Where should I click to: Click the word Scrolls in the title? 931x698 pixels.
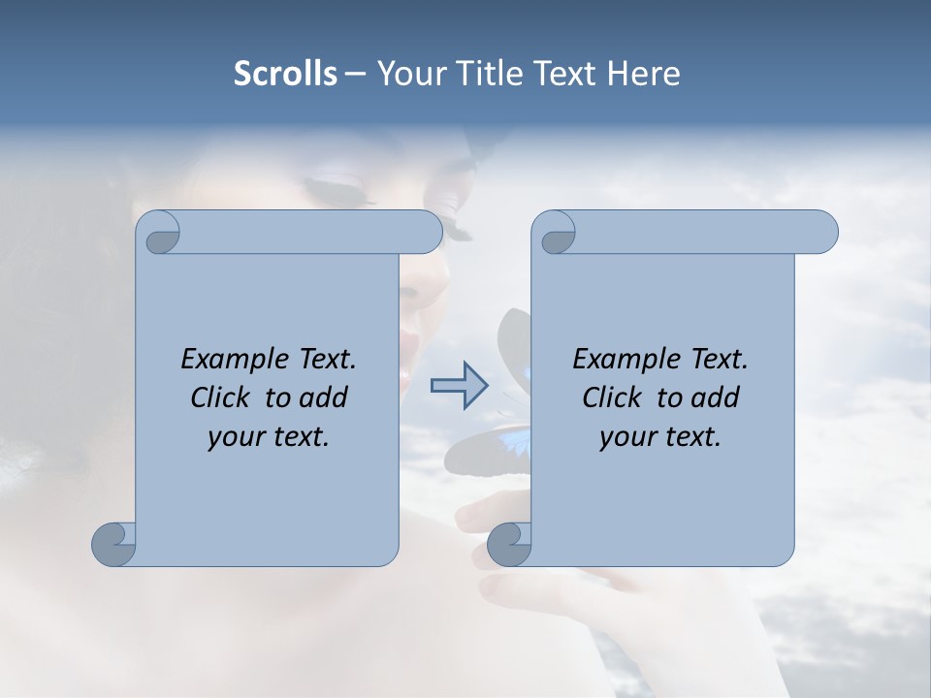pyautogui.click(x=285, y=73)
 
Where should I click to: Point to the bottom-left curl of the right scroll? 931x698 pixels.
pyautogui.click(x=510, y=543)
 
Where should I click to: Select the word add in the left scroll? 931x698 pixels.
pyautogui.click(x=324, y=397)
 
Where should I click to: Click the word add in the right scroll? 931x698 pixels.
pyautogui.click(x=716, y=397)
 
